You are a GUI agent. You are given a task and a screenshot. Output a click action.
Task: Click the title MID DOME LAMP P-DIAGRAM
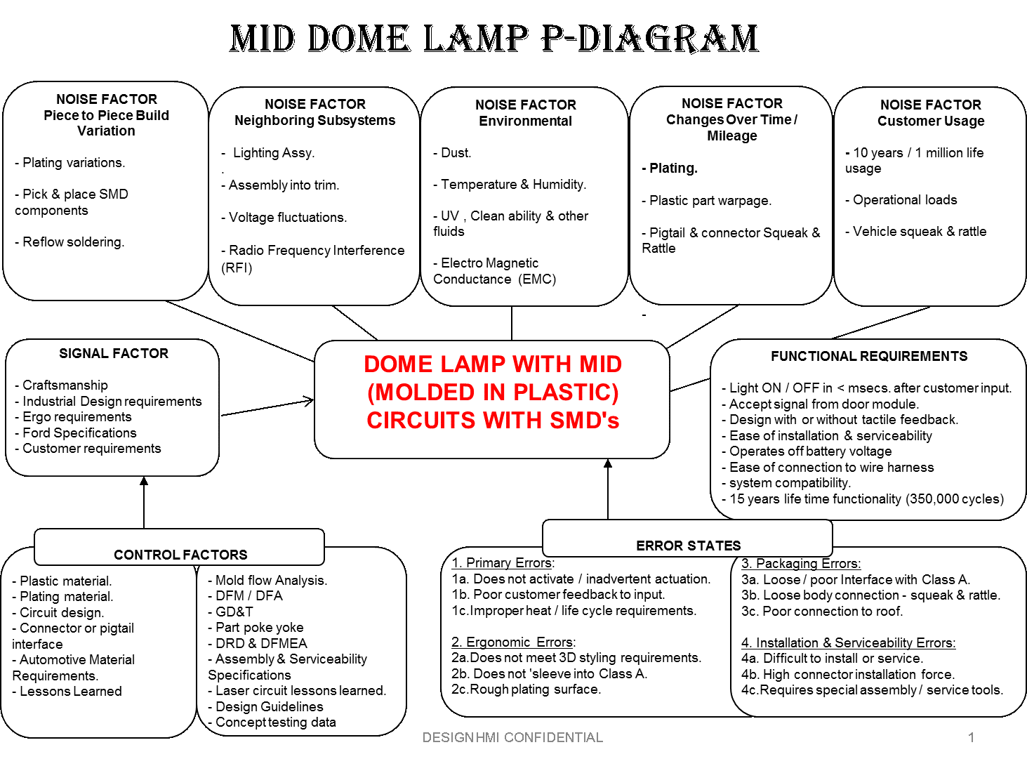(x=494, y=38)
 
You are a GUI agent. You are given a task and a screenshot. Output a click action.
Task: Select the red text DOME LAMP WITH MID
(x=493, y=364)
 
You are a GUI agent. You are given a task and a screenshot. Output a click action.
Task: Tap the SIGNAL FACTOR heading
(x=114, y=353)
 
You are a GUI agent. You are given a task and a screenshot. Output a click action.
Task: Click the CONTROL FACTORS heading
(x=180, y=554)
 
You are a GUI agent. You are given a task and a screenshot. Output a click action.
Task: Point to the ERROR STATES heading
(x=688, y=546)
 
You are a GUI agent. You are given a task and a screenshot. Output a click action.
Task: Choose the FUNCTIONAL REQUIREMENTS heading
(x=868, y=356)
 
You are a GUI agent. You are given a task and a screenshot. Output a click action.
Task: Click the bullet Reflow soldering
(x=69, y=242)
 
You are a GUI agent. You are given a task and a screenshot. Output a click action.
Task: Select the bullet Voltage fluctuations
(x=284, y=217)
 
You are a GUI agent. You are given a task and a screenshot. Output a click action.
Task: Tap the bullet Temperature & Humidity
(x=510, y=185)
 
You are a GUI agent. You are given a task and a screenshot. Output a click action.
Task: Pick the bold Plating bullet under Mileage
(x=670, y=168)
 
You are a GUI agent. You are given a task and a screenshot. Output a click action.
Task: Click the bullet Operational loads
(x=901, y=199)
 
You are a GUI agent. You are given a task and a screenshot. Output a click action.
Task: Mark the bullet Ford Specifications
(x=76, y=433)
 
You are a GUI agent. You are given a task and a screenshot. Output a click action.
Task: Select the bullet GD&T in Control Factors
(x=230, y=612)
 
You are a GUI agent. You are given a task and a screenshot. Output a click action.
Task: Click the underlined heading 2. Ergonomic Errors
(x=514, y=642)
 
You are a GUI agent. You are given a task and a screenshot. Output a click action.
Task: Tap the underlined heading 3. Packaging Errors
(x=801, y=563)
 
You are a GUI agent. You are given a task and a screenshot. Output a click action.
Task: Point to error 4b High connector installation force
(x=848, y=674)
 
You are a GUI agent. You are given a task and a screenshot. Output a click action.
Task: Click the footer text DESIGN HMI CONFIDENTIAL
(x=512, y=737)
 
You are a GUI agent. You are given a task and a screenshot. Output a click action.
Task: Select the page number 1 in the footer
(x=971, y=737)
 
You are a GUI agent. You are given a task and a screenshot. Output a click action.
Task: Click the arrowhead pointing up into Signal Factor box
(x=144, y=481)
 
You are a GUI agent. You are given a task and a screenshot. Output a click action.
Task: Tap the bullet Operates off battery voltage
(x=806, y=451)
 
